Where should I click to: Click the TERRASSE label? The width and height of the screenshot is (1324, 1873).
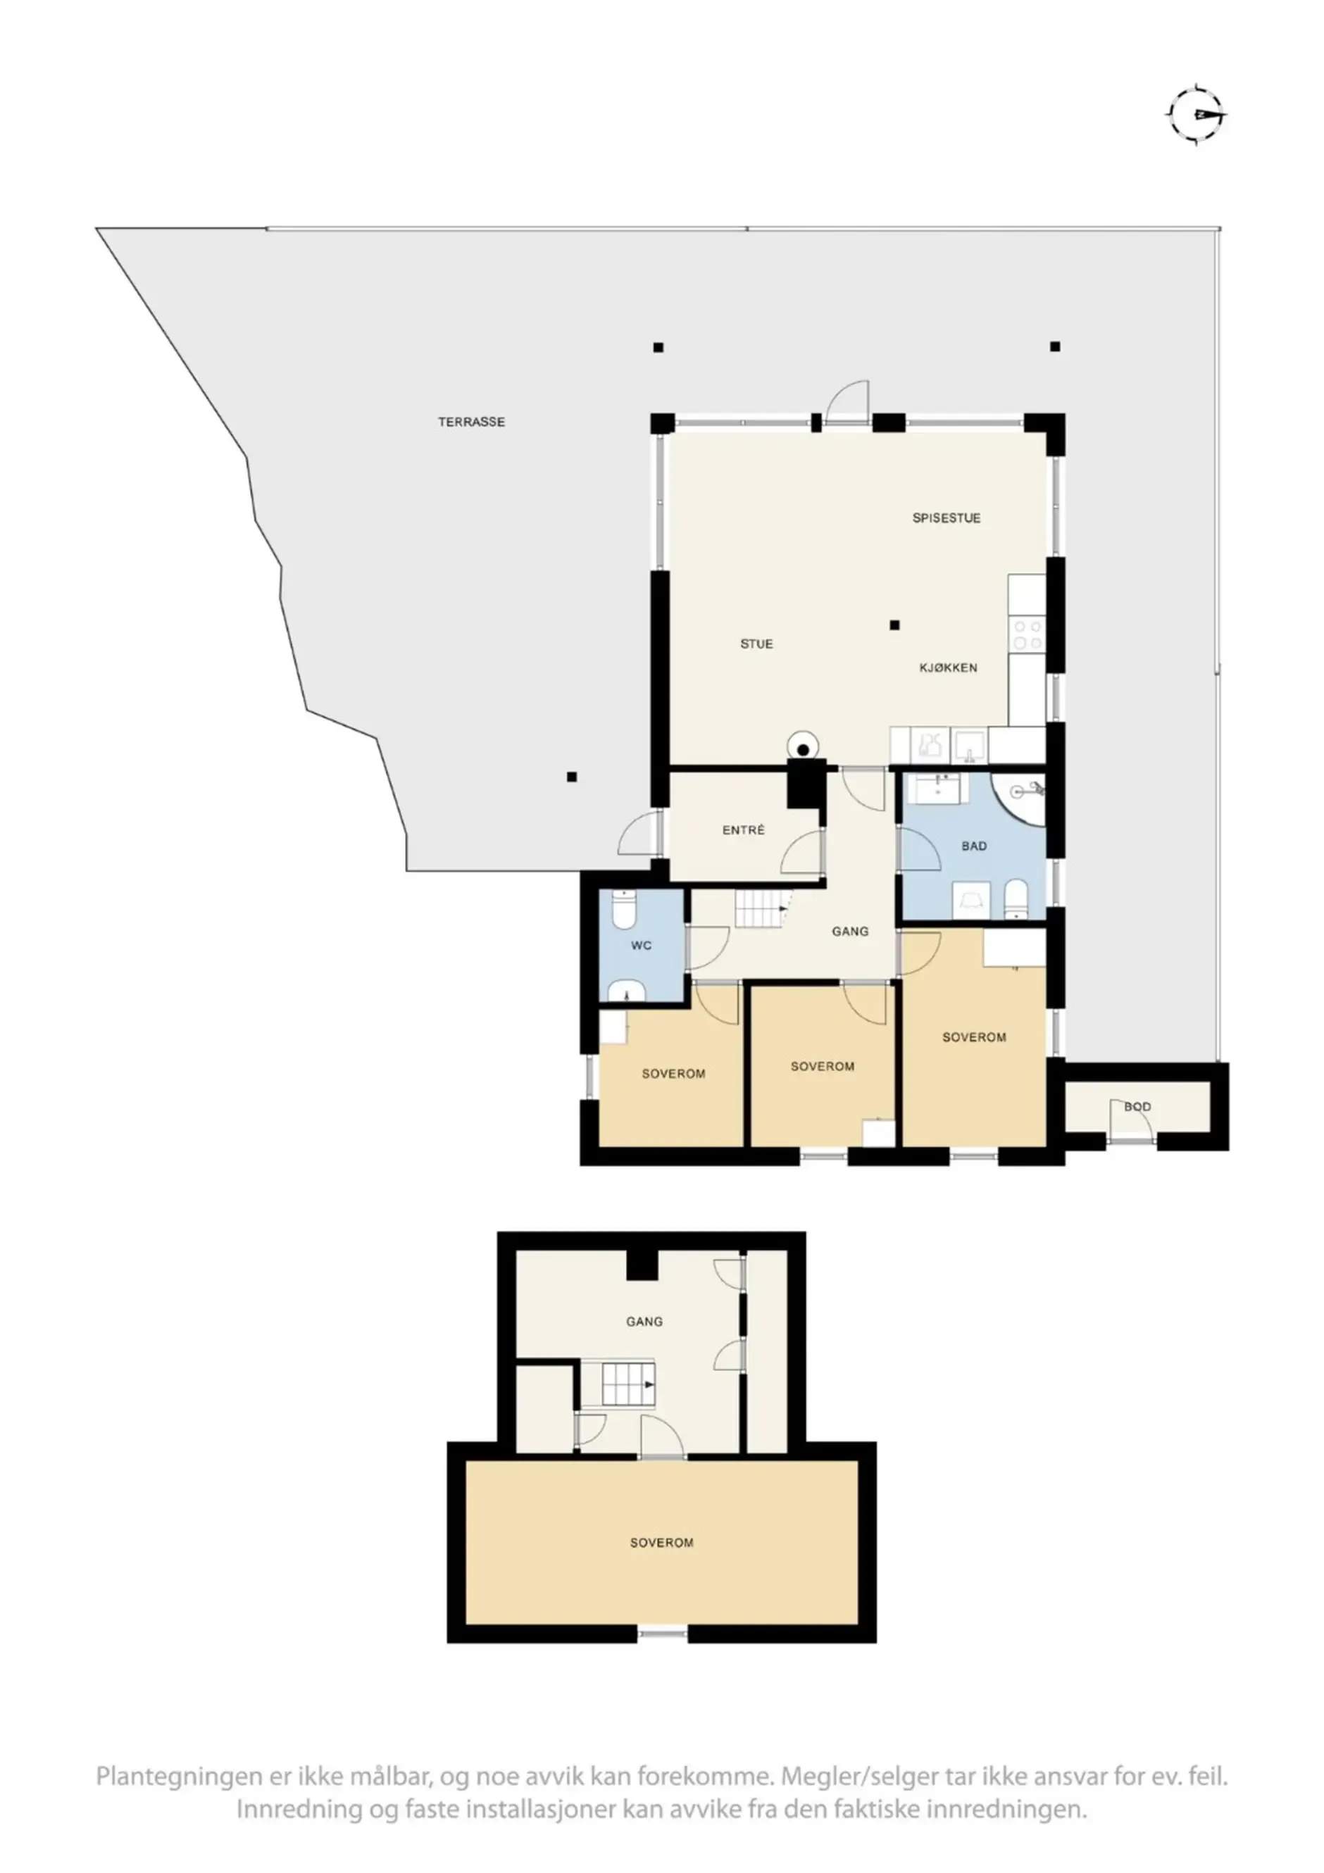click(x=472, y=422)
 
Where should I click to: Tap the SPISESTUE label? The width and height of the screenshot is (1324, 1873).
click(x=947, y=518)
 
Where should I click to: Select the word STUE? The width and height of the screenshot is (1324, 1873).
click(x=756, y=644)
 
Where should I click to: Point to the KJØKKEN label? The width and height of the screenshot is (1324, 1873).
click(x=948, y=668)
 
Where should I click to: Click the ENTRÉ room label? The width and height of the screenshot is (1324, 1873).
click(x=743, y=830)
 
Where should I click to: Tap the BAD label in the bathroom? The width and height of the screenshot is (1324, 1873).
click(x=974, y=846)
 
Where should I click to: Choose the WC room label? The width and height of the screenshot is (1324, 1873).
click(x=641, y=946)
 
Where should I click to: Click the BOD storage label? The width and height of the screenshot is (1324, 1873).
click(x=1137, y=1107)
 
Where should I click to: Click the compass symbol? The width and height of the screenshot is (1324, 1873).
click(x=1197, y=115)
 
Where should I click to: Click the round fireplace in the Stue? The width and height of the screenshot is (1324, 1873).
click(x=804, y=746)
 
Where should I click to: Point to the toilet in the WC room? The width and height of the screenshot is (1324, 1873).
click(x=623, y=909)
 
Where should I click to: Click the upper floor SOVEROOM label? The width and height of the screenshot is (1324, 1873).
click(x=661, y=1543)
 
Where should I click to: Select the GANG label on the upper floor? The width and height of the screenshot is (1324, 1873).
click(x=644, y=1322)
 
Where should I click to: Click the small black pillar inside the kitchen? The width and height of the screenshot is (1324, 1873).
click(x=894, y=625)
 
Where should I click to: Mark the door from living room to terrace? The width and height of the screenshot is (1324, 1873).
click(x=847, y=403)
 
